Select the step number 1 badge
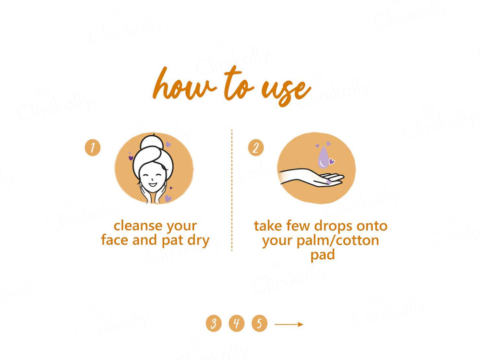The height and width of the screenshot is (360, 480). point(93,147)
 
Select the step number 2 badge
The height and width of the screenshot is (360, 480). point(256,147)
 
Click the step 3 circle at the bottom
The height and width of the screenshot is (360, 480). point(214,324)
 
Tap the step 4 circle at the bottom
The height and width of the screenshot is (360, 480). point(236,324)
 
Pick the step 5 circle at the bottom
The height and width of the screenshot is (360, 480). point(259,324)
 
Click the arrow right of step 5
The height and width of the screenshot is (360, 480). point(288,324)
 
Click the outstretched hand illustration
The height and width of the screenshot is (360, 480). point(312,179)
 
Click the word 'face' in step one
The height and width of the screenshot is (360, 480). point(115,240)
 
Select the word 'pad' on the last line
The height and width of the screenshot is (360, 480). point(322,254)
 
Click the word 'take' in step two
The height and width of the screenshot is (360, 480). point(268,226)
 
